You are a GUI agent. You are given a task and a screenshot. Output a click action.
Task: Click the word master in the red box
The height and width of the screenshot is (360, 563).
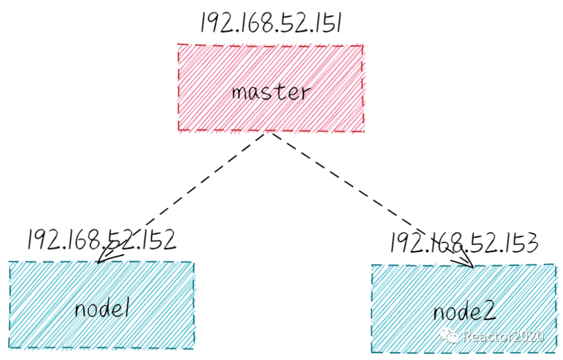pos(271,93)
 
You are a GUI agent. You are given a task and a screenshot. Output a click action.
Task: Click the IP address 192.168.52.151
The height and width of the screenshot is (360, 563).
pos(271,24)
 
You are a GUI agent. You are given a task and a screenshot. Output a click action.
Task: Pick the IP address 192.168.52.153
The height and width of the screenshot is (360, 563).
pos(463,242)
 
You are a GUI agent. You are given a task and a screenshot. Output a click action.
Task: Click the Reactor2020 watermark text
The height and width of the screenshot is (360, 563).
pos(504,336)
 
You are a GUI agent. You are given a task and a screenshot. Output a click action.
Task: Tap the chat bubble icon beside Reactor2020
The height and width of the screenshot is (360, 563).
pos(449,335)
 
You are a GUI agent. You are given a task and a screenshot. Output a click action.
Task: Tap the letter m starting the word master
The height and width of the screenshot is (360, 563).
pos(239,94)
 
